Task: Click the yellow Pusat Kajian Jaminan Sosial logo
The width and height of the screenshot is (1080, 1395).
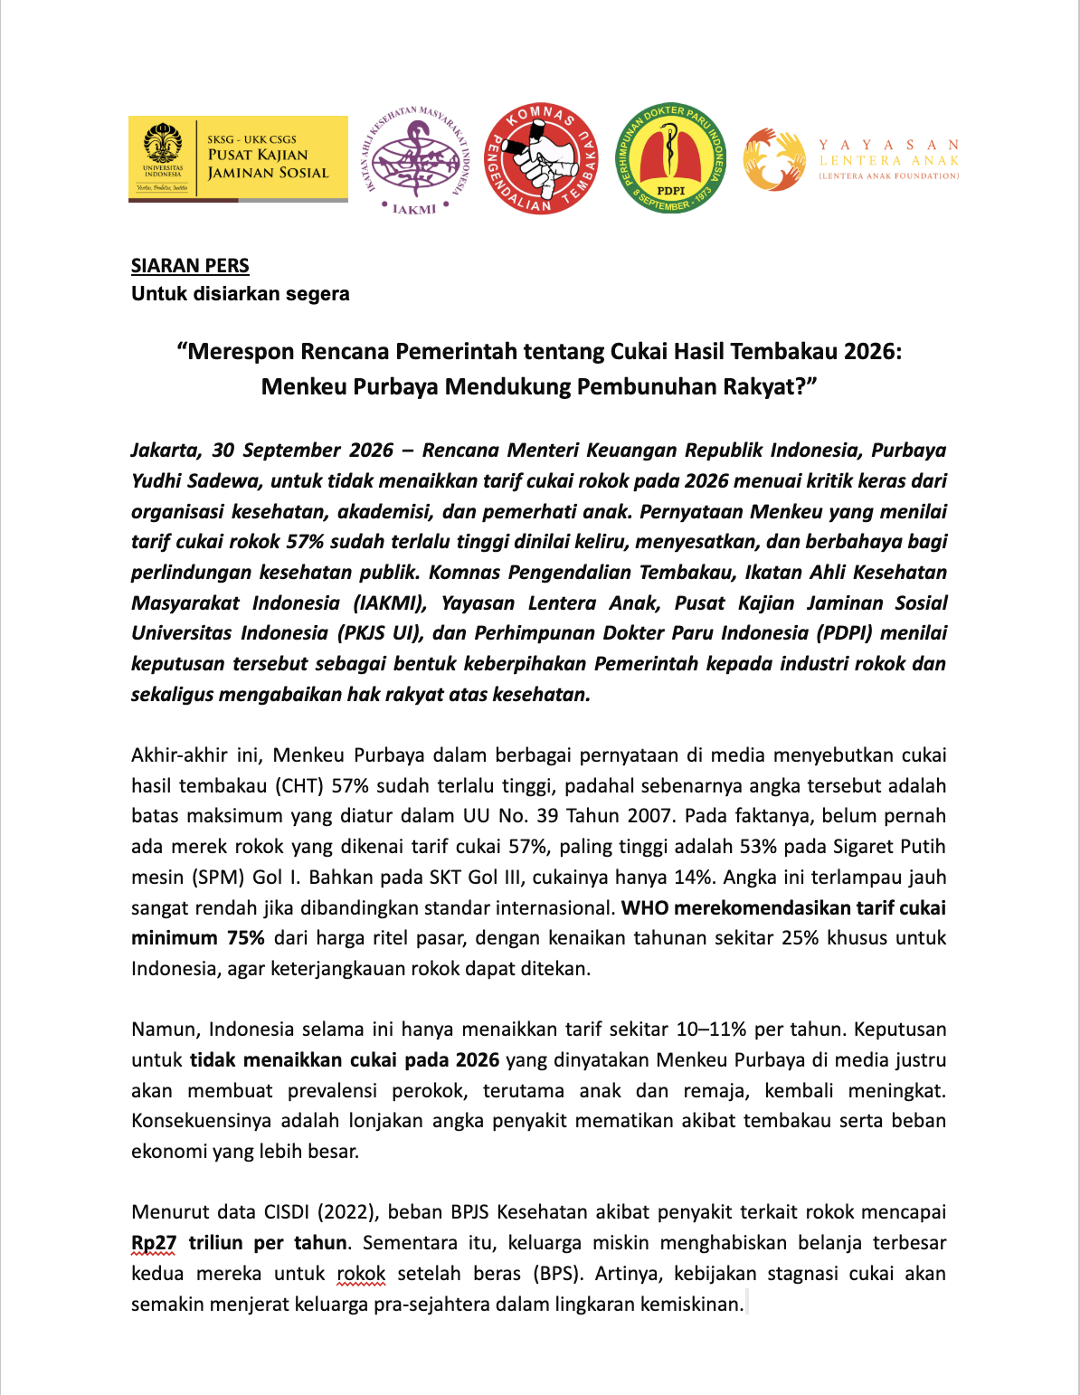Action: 238,158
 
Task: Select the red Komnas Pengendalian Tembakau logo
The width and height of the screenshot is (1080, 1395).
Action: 541,159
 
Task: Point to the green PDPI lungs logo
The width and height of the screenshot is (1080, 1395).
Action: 670,158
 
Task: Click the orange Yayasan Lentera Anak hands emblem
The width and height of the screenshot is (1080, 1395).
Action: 774,159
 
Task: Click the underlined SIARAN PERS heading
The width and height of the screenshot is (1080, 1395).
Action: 190,266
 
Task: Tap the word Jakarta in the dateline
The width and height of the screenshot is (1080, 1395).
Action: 164,451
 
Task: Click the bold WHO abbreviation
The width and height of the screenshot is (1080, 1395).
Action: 644,908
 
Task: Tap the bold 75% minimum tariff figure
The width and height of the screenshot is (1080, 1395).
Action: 245,938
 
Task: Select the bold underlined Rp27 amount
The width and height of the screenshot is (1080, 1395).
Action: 154,1243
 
